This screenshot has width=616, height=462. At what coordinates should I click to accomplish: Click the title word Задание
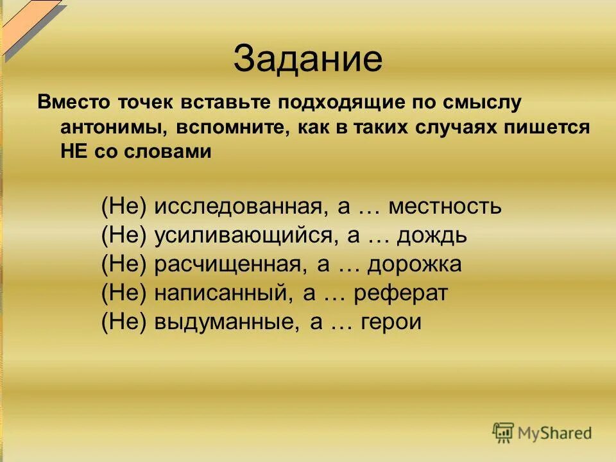(308, 59)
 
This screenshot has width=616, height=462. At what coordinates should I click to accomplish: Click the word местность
(445, 207)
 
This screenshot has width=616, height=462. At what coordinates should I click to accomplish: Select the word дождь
(432, 236)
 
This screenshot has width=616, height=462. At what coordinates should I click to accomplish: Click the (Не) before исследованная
(125, 207)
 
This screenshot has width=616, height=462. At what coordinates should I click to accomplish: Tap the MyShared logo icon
(504, 431)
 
